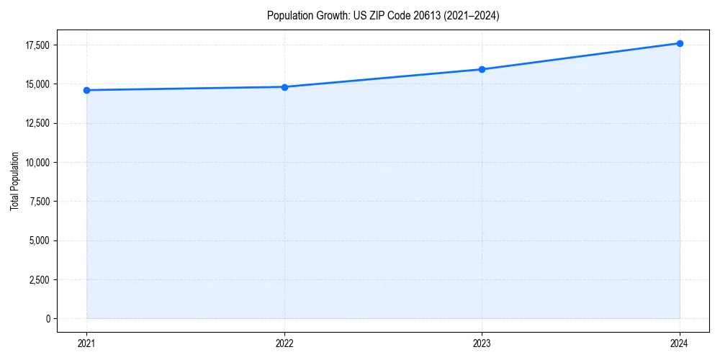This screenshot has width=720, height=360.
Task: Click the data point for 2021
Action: point(86,90)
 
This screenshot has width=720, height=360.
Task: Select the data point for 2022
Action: point(284,87)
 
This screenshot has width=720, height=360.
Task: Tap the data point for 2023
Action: point(482,69)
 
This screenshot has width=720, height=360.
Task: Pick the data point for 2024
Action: point(680,43)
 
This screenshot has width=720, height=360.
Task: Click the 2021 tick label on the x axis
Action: point(86,343)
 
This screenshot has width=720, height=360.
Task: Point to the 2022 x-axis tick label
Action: point(284,343)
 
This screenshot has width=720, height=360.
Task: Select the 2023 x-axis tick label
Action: point(482,343)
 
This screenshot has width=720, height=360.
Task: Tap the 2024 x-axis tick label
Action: point(680,343)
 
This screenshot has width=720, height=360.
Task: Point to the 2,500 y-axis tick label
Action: point(37,279)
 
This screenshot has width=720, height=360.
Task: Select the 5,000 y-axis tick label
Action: point(37,240)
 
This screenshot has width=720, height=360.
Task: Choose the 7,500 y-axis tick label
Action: point(37,202)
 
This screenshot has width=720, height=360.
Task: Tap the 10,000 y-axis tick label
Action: point(36,162)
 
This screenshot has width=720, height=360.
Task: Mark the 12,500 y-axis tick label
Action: point(36,123)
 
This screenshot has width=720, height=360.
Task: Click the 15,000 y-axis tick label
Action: point(36,84)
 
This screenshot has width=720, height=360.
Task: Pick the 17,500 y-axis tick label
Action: point(36,45)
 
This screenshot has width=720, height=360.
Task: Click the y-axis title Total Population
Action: point(14,181)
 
